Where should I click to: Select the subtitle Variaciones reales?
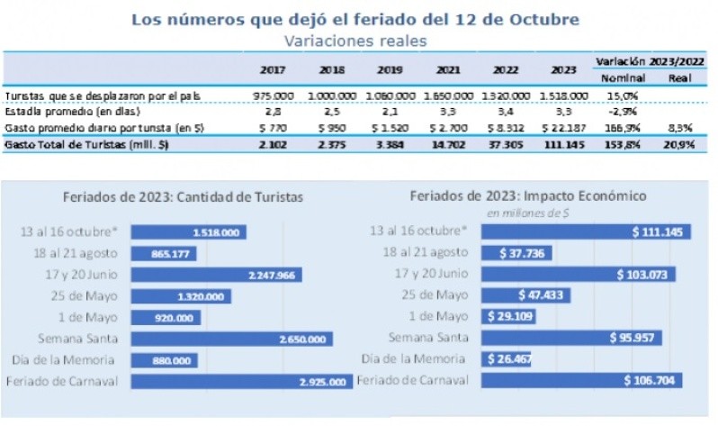355,41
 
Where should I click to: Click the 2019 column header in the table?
389,69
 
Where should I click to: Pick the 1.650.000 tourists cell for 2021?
448,95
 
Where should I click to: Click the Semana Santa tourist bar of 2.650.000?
229,339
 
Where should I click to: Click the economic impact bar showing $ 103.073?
578,274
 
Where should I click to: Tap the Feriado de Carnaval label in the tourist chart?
75,381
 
